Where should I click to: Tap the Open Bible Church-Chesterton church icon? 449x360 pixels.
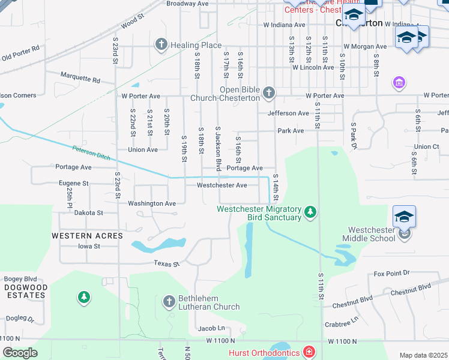tap(269, 92)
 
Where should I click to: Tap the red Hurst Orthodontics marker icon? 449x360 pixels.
tap(308, 352)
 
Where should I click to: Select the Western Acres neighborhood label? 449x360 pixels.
tap(87, 236)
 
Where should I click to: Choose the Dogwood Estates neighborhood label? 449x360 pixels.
tap(25, 291)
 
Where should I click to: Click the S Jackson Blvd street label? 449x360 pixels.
tap(218, 148)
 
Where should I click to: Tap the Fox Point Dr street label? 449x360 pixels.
tap(391, 273)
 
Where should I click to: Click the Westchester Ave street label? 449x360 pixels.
tap(222, 185)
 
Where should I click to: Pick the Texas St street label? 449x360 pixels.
tap(166, 263)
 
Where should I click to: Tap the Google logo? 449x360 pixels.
tap(20, 353)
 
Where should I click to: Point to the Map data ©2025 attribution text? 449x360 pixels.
tap(423, 355)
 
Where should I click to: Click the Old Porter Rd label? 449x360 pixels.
tap(20, 52)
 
